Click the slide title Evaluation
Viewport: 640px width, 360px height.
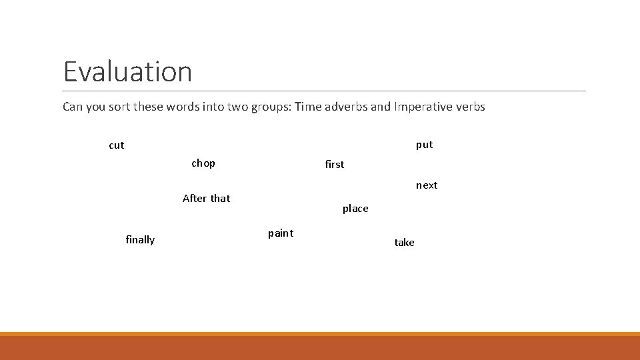pos(127,71)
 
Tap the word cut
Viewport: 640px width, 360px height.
pos(117,145)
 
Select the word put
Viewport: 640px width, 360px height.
pos(424,145)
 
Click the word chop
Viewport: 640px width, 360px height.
pos(203,163)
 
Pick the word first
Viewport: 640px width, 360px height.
pos(334,165)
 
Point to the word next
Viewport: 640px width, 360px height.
pos(427,185)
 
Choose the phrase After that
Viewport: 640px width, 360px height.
pos(206,199)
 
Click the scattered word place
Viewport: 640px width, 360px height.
pos(355,209)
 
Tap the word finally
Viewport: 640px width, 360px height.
pos(140,240)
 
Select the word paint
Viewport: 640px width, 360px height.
pos(281,233)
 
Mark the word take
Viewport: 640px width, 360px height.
pos(404,243)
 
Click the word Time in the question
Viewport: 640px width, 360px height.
pos(308,107)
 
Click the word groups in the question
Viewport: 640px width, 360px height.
pos(269,107)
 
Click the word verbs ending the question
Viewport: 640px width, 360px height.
pos(470,107)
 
